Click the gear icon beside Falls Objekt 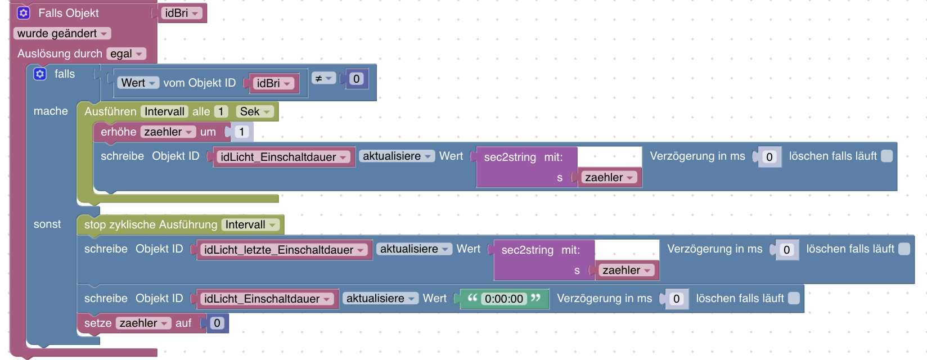[x=24, y=13]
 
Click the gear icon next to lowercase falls [x=40, y=74]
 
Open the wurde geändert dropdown [x=62, y=34]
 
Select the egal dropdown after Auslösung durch [x=126, y=54]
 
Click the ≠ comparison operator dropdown [x=324, y=79]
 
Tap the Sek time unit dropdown [x=255, y=111]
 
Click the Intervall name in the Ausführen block [x=164, y=111]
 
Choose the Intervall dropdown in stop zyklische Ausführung [x=250, y=225]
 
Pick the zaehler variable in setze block [x=143, y=323]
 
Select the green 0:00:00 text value [x=504, y=299]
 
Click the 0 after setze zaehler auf [x=217, y=323]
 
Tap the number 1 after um [x=241, y=132]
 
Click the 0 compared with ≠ [x=356, y=79]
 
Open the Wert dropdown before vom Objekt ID [x=138, y=83]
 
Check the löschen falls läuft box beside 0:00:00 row [x=794, y=298]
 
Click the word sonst [x=47, y=224]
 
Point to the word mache [x=51, y=111]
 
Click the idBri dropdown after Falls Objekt [x=181, y=13]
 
